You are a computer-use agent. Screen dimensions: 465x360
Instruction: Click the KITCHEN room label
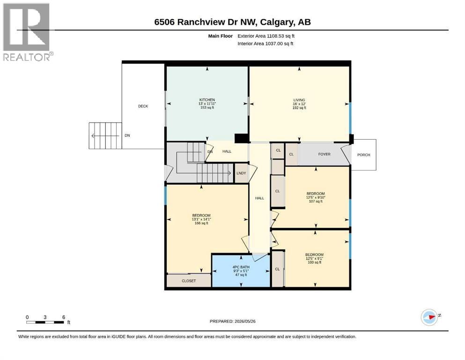[x=207, y=100]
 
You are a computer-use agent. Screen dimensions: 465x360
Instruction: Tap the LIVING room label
[x=299, y=100]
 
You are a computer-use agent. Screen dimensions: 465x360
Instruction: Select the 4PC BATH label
[x=241, y=267]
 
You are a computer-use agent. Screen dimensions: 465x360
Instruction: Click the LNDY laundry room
[x=241, y=173]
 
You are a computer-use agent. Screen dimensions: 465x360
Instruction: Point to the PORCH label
[x=363, y=155]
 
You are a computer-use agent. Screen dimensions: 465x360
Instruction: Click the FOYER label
[x=324, y=154]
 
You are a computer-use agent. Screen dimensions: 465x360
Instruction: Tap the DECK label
[x=143, y=106]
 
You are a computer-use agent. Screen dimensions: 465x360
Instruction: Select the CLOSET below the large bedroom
[x=189, y=281]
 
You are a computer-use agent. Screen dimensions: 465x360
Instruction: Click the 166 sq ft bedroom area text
[x=201, y=223]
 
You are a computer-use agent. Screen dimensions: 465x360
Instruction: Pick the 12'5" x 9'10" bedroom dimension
[x=316, y=197]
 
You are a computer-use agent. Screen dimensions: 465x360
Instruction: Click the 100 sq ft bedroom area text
[x=314, y=262]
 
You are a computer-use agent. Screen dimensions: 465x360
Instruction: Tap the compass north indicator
[x=430, y=317]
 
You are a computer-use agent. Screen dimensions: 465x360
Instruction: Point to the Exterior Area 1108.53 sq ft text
[x=266, y=36]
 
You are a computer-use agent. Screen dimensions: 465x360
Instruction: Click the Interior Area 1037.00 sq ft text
[x=266, y=44]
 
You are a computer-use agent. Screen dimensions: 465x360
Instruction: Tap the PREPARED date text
[x=232, y=321]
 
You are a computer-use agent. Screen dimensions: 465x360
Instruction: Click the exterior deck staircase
[x=105, y=135]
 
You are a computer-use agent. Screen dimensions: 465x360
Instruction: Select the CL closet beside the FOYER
[x=292, y=154]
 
